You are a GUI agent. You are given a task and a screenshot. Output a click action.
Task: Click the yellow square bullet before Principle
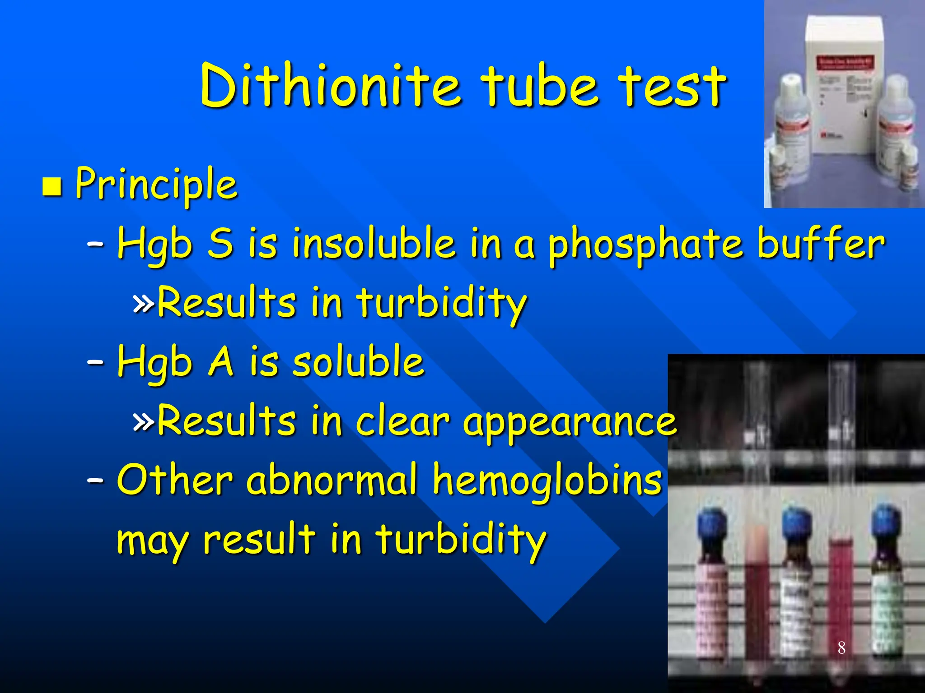(52, 186)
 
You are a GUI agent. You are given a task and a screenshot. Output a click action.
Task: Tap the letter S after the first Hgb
(220, 244)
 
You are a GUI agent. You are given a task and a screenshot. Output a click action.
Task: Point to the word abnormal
(332, 480)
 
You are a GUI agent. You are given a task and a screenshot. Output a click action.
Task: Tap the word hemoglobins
(547, 480)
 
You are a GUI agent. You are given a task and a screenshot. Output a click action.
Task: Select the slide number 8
(841, 648)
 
